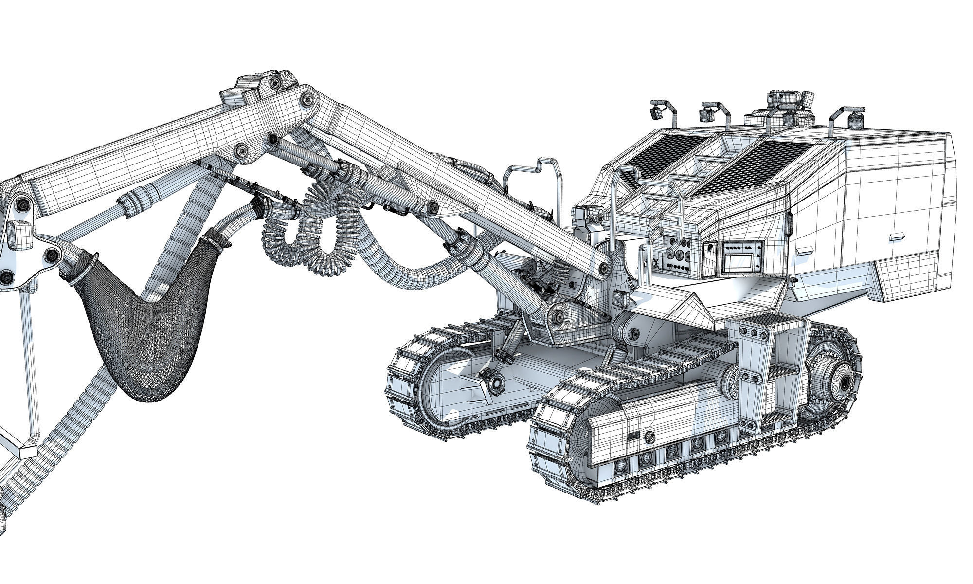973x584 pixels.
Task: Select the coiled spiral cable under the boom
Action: [x=311, y=229]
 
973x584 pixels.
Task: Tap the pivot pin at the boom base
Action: [x=605, y=267]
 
